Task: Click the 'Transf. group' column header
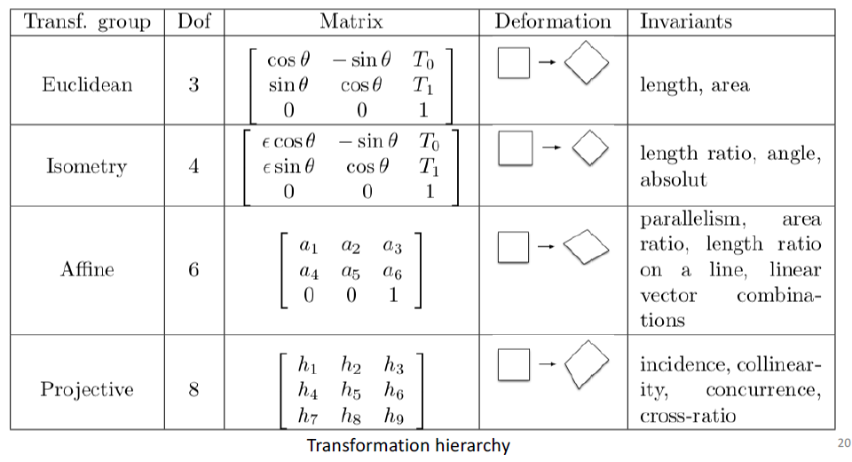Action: pos(86,21)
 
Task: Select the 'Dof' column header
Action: pos(193,21)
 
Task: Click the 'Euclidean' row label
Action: pos(87,85)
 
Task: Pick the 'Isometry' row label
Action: pos(87,166)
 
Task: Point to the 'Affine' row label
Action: pos(87,268)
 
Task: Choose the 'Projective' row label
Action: pos(87,389)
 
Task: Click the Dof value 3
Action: pos(193,85)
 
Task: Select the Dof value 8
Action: pos(193,389)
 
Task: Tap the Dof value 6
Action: pos(193,268)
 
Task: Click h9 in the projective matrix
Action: pos(394,414)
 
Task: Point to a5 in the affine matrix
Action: pos(351,270)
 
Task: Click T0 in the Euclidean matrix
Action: pos(424,60)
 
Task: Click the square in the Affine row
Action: pos(513,248)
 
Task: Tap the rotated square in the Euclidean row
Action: pos(588,64)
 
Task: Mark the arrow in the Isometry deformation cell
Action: pos(550,147)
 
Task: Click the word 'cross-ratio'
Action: pos(688,416)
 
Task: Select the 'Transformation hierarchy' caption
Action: pos(408,445)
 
